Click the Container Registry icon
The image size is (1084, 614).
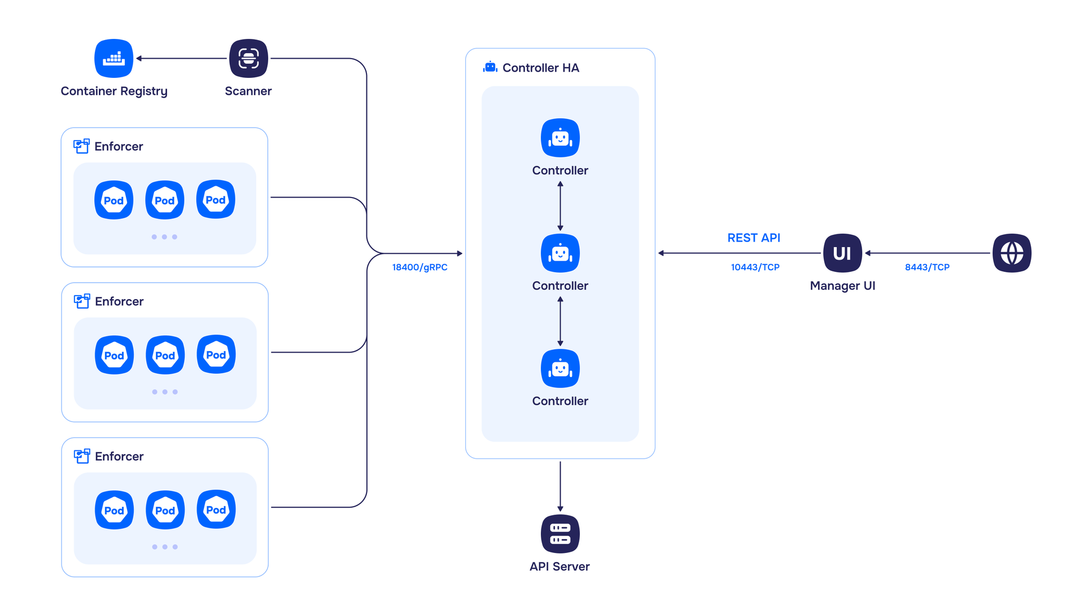(113, 58)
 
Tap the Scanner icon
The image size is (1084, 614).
(248, 58)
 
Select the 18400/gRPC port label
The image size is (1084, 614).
(419, 267)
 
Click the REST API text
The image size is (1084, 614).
(754, 238)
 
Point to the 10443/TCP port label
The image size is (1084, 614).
(755, 267)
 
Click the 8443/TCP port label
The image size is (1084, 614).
(927, 267)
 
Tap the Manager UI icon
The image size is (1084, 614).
(842, 253)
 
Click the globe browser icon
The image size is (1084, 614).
(1012, 253)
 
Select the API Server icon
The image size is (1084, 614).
(560, 534)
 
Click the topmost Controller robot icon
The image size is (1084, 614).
(560, 138)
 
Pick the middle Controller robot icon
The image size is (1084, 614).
(560, 253)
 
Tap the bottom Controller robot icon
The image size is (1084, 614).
(560, 369)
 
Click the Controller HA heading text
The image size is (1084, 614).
(540, 68)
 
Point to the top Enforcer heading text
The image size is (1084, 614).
(119, 147)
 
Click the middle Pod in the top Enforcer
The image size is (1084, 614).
(165, 200)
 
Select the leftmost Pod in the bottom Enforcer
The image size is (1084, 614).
(114, 510)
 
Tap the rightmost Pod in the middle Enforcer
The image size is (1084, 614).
(216, 355)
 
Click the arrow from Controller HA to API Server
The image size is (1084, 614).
(560, 486)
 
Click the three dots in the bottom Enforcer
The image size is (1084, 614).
(165, 547)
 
